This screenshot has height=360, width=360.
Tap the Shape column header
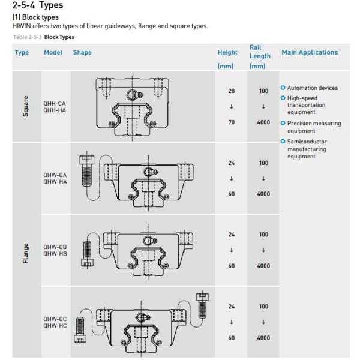click(82, 53)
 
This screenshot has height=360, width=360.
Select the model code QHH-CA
click(54, 103)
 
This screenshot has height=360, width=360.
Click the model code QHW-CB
click(54, 247)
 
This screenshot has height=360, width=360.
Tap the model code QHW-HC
click(54, 325)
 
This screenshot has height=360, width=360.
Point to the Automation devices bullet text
click(313, 88)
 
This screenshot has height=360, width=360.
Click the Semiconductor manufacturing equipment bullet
click(313, 149)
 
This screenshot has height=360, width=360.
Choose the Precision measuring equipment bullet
click(314, 127)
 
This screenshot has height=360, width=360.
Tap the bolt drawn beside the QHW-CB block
click(88, 251)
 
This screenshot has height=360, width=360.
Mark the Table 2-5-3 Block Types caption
click(38, 37)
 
